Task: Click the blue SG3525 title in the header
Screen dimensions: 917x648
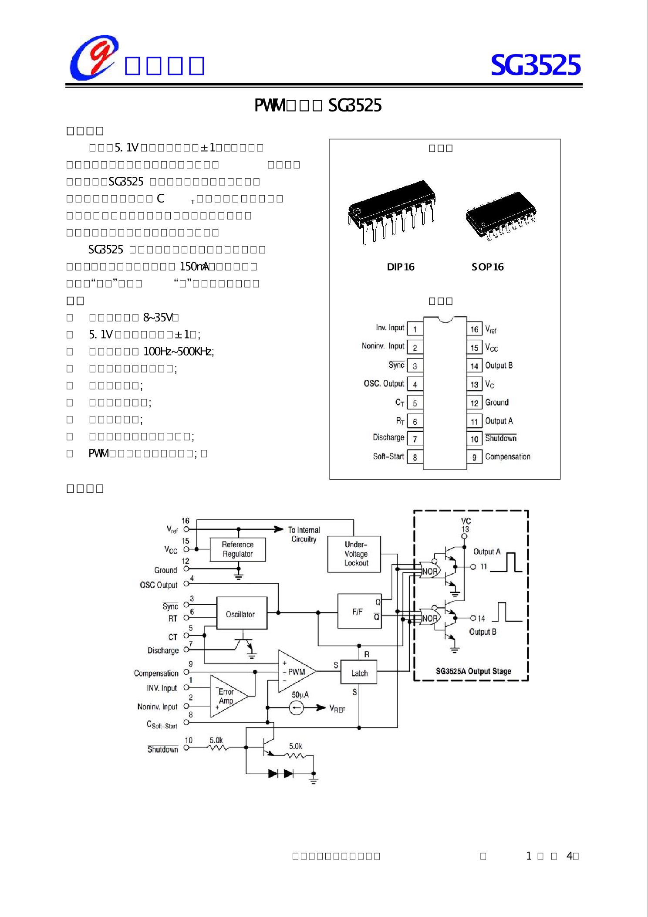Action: [535, 65]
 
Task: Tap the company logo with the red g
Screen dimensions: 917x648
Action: [94, 58]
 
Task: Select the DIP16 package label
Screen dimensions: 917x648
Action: [400, 267]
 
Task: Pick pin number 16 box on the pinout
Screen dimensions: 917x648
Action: [474, 329]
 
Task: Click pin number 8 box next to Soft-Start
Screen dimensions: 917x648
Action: [415, 457]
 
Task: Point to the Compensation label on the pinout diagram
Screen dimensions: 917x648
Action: [507, 457]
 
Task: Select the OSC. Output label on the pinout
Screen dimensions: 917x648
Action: [384, 383]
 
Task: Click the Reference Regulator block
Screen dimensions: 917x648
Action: [237, 549]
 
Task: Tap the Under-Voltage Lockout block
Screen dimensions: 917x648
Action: [354, 554]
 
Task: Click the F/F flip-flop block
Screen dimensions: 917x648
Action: [359, 611]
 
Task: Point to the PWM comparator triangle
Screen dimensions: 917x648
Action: [295, 672]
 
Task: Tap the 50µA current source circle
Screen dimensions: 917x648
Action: [296, 708]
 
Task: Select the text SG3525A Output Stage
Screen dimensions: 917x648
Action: [473, 671]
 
